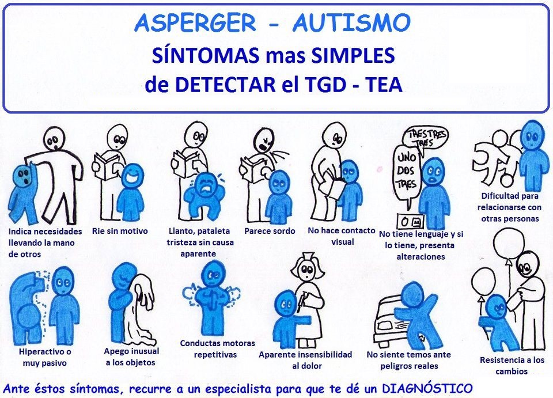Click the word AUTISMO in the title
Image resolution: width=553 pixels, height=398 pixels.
351,23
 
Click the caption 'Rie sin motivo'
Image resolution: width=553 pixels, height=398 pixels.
120,231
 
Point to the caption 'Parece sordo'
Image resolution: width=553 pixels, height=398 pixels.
270,231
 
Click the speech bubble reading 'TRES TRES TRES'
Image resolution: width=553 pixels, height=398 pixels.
427,137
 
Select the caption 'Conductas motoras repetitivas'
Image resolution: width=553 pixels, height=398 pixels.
217,349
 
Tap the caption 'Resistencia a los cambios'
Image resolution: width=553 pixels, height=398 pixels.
512,365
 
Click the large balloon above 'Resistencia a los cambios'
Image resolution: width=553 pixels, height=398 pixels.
509,245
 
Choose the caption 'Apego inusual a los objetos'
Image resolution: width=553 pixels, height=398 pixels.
132,357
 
